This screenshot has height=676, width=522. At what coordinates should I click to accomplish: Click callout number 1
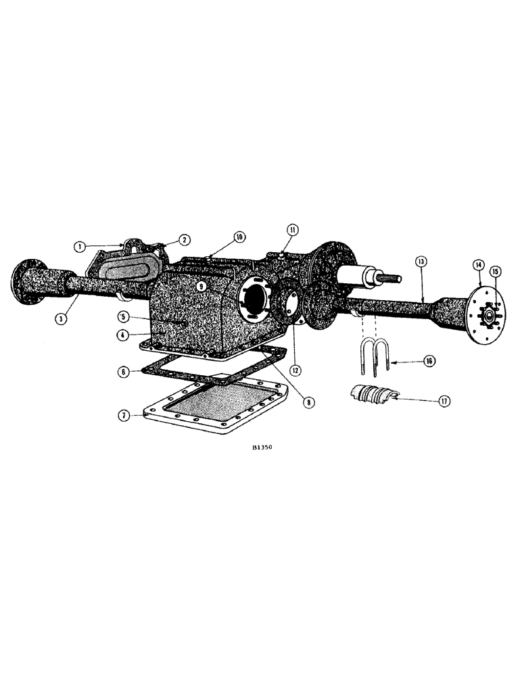pyautogui.click(x=80, y=247)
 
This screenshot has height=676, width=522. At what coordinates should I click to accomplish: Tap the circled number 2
pyautogui.click(x=183, y=239)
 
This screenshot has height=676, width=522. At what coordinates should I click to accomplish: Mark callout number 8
pyautogui.click(x=308, y=402)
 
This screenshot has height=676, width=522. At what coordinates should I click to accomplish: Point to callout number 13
pyautogui.click(x=421, y=260)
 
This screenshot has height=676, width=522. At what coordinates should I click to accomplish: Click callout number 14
pyautogui.click(x=479, y=265)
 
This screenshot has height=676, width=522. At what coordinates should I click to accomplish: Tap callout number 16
pyautogui.click(x=430, y=361)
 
